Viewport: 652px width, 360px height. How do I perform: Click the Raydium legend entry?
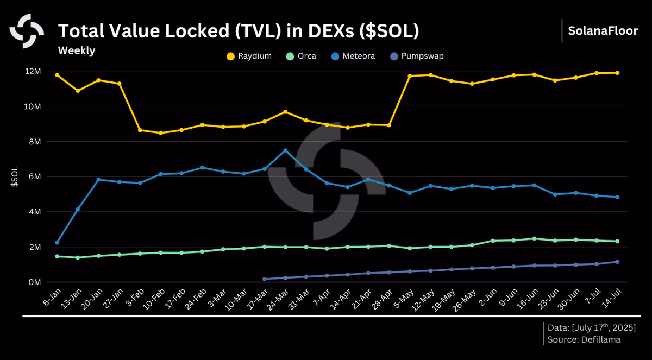(x=249, y=56)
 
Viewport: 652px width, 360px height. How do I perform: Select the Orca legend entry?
(x=301, y=56)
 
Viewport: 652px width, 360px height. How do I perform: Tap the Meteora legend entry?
(x=353, y=56)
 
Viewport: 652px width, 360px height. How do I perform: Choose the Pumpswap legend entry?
(x=417, y=56)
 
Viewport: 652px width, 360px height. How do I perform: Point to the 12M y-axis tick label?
(x=33, y=71)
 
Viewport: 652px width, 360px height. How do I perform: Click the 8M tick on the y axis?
(x=35, y=142)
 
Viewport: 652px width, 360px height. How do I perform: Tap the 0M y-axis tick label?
(x=35, y=282)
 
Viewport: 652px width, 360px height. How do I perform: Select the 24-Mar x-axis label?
(x=278, y=300)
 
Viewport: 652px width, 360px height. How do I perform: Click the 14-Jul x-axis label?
(x=612, y=298)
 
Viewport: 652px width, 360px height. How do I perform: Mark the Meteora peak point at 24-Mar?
(x=285, y=150)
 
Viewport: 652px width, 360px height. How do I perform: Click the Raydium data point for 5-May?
(x=410, y=76)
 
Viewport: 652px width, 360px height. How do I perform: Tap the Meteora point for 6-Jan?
(x=57, y=243)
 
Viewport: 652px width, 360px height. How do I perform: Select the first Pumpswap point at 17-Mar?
(x=265, y=279)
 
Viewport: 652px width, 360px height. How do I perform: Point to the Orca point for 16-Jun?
(x=535, y=239)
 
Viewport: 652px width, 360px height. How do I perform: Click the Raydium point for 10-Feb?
(x=161, y=133)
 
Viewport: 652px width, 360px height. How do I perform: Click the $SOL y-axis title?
(x=15, y=176)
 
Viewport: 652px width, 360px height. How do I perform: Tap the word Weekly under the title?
(x=77, y=50)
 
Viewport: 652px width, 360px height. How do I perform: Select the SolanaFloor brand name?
(x=603, y=31)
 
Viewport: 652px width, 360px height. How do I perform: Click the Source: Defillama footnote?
(x=584, y=340)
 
